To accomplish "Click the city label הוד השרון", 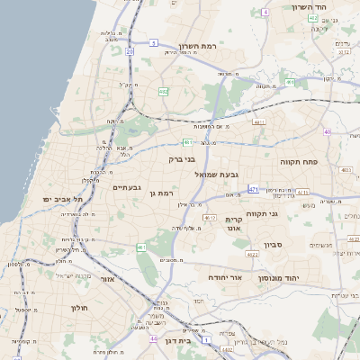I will (314, 7).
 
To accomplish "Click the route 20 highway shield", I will (130, 52).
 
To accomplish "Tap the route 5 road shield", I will (154, 42).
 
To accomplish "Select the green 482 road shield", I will (163, 92).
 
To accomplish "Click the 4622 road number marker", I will (252, 254).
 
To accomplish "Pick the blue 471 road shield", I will (254, 189).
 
